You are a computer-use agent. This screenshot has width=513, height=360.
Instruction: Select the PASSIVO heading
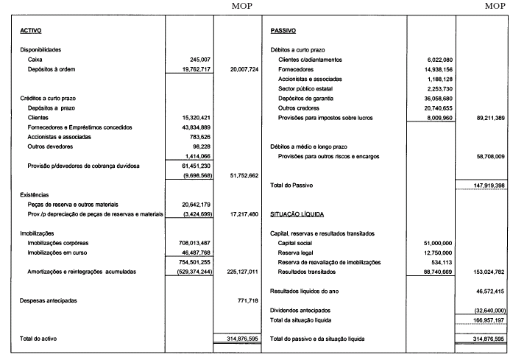pos(283,32)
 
